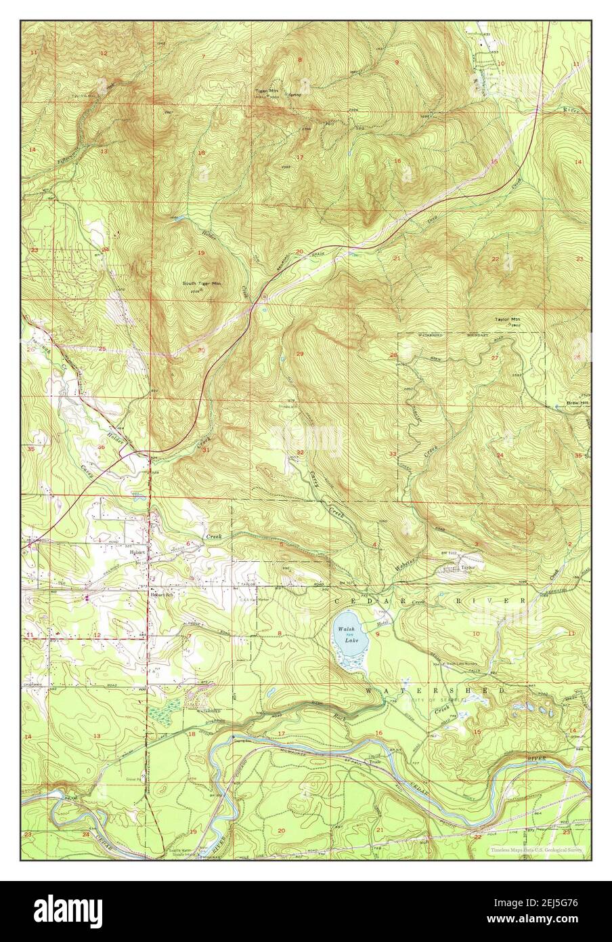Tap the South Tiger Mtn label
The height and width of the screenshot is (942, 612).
[x=202, y=284]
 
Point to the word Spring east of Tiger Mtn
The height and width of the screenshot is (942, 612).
[x=294, y=96]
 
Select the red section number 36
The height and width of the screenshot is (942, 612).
[x=101, y=447]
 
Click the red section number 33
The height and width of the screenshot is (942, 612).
[x=393, y=453]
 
